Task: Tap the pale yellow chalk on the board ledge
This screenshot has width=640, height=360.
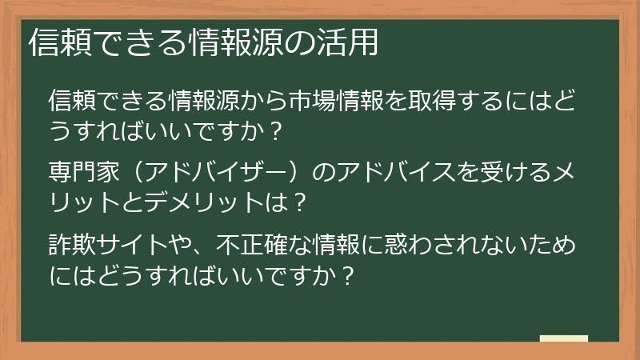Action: (x=563, y=338)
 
